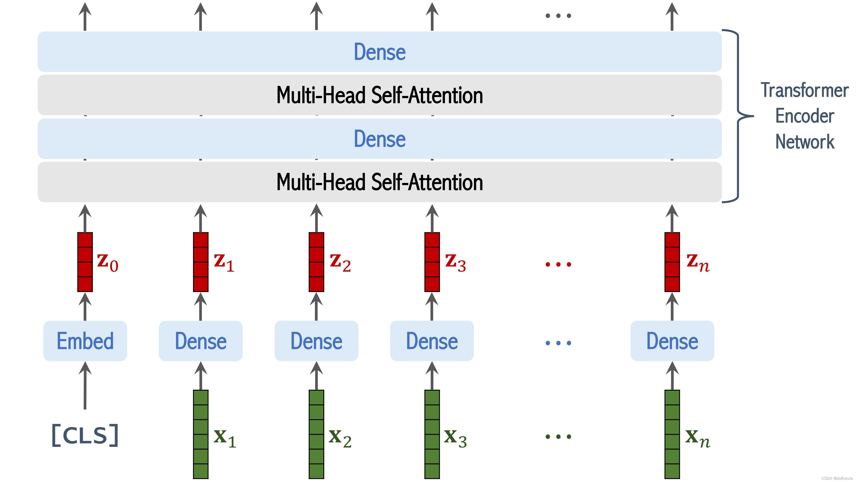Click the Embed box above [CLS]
pyautogui.click(x=85, y=341)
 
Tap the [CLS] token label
pyautogui.click(x=85, y=435)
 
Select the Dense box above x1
pyautogui.click(x=201, y=341)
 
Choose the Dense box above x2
pyautogui.click(x=316, y=341)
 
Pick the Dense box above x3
pyautogui.click(x=432, y=341)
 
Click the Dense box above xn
pyautogui.click(x=672, y=341)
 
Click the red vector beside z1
pyautogui.click(x=201, y=262)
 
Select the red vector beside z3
pyautogui.click(x=432, y=262)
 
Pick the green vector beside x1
pyautogui.click(x=201, y=434)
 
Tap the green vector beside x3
pyautogui.click(x=432, y=434)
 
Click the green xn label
pyautogui.click(x=697, y=439)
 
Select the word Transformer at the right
pyautogui.click(x=804, y=90)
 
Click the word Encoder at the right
pyautogui.click(x=804, y=116)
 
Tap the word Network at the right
pyautogui.click(x=804, y=142)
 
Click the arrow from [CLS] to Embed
pyautogui.click(x=85, y=386)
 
